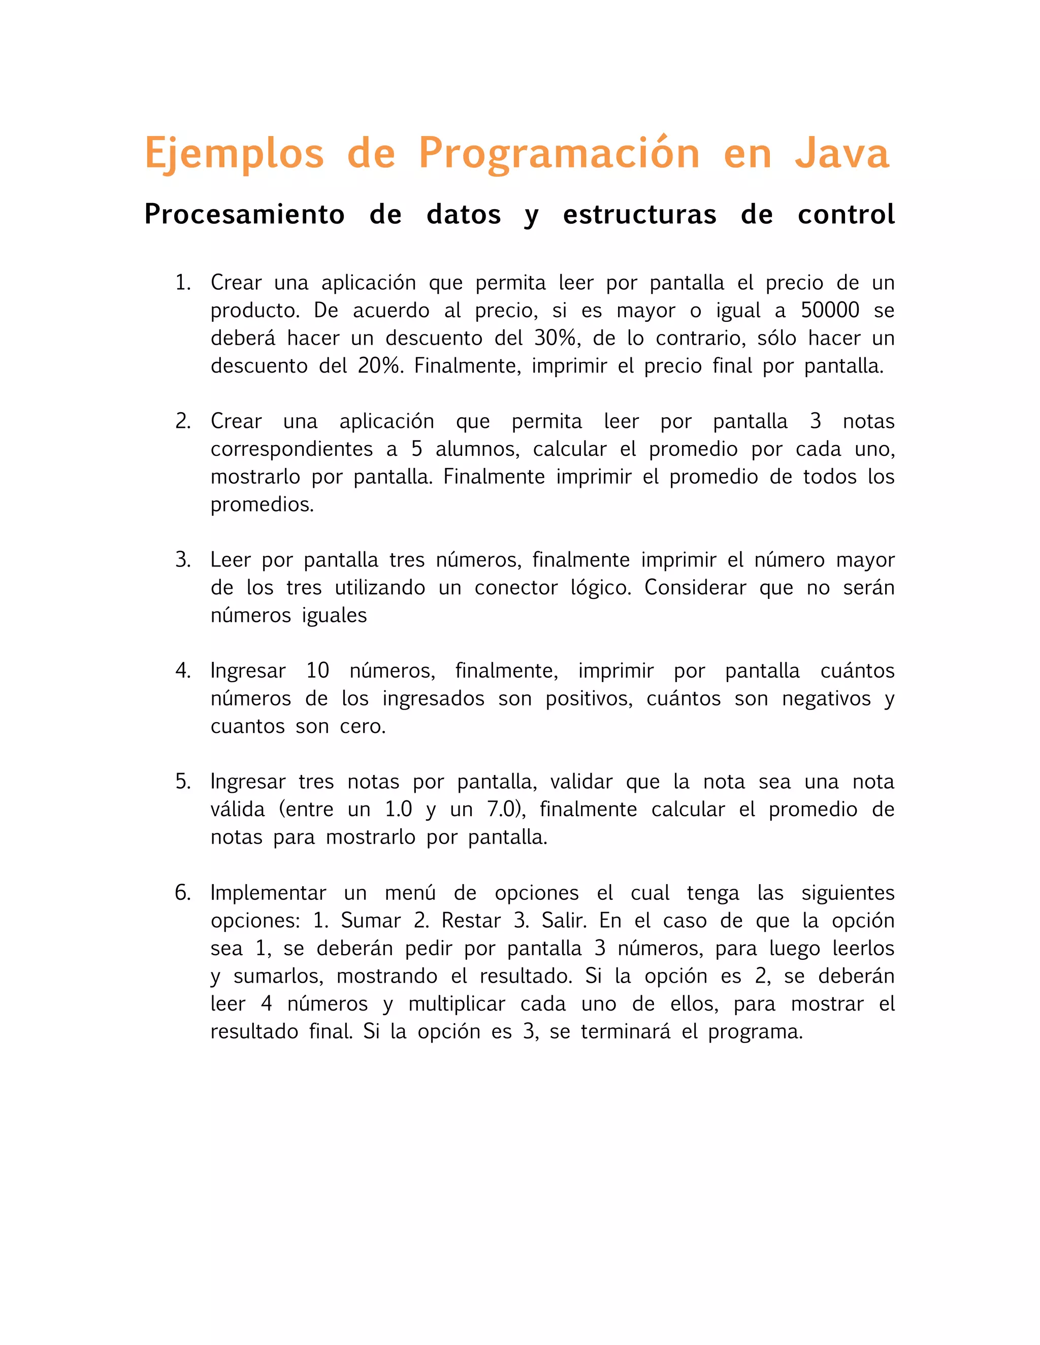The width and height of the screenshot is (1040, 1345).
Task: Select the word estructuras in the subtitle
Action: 639,214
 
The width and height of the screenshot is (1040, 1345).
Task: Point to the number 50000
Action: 829,311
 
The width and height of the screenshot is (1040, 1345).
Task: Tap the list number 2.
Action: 182,421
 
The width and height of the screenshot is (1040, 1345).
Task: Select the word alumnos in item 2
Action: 477,449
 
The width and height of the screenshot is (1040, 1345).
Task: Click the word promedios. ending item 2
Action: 263,505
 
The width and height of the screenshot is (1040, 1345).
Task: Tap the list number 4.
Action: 182,670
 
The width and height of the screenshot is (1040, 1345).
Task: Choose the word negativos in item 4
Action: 826,698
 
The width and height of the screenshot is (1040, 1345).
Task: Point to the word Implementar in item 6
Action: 268,893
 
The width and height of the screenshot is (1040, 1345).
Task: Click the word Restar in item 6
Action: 471,921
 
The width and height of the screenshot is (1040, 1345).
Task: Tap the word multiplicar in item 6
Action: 457,1004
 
